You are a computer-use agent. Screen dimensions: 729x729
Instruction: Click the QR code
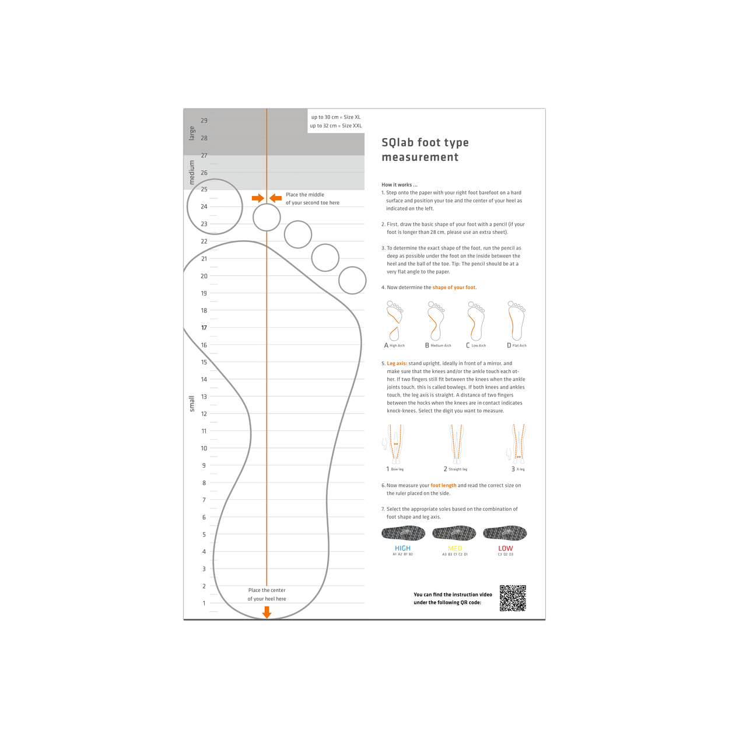pyautogui.click(x=513, y=598)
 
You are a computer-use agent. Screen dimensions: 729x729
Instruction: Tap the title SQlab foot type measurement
pyautogui.click(x=425, y=150)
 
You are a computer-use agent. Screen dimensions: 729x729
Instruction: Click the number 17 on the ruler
pyautogui.click(x=204, y=328)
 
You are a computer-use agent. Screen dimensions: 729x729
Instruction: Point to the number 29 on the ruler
pyautogui.click(x=204, y=121)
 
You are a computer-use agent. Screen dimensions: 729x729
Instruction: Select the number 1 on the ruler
pyautogui.click(x=204, y=603)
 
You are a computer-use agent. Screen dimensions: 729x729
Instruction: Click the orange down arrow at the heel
pyautogui.click(x=267, y=612)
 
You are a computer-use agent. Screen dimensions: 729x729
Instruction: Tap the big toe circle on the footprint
pyautogui.click(x=215, y=206)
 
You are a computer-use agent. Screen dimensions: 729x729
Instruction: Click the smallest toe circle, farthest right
pyautogui.click(x=352, y=280)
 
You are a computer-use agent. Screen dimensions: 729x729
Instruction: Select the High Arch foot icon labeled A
pyautogui.click(x=394, y=321)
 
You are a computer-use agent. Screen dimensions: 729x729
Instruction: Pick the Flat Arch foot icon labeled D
pyautogui.click(x=516, y=321)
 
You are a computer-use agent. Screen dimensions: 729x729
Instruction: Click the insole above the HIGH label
pyautogui.click(x=403, y=533)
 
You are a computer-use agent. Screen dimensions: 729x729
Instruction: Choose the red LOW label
pyautogui.click(x=505, y=548)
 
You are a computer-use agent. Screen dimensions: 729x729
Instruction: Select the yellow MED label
pyautogui.click(x=455, y=548)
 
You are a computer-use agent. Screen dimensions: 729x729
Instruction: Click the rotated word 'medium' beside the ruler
pyautogui.click(x=192, y=173)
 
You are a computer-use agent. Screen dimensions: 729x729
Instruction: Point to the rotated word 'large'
pyautogui.click(x=192, y=133)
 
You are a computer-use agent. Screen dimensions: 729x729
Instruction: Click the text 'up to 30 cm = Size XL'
pyautogui.click(x=335, y=117)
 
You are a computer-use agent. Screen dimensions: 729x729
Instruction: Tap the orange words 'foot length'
pyautogui.click(x=443, y=485)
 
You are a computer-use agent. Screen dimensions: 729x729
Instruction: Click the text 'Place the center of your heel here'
pyautogui.click(x=267, y=594)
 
